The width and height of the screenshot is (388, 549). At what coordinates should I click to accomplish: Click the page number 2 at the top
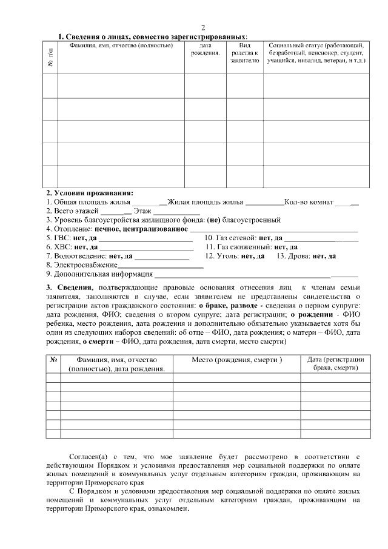point(203,28)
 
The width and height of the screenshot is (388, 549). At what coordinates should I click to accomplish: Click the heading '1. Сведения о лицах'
point(152,37)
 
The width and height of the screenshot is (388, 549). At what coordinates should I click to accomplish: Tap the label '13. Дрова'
point(293,256)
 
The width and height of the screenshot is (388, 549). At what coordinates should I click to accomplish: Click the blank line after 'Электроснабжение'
point(161,266)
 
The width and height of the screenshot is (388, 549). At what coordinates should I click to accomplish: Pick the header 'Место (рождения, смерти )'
point(236,360)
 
